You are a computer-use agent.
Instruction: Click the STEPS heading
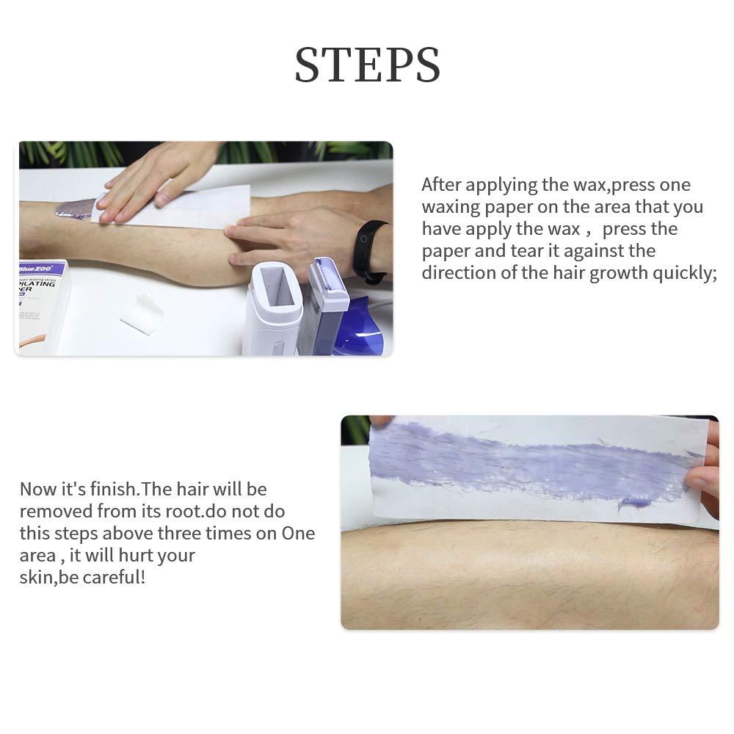pos(367,65)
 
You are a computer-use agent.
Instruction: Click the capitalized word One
pos(298,534)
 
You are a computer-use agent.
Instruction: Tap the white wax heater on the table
pos(272,308)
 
